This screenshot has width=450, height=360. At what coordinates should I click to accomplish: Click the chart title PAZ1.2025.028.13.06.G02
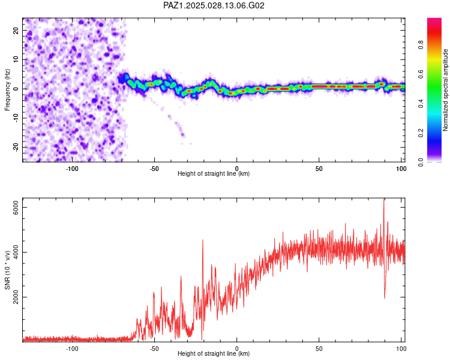point(214,5)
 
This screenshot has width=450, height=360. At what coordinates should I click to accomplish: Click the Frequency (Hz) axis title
point(7,90)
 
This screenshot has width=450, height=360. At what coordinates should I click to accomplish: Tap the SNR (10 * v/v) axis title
point(7,271)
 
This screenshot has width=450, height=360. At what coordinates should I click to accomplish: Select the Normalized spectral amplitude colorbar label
point(445,90)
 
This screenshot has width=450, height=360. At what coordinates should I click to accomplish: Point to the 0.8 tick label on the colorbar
point(421,45)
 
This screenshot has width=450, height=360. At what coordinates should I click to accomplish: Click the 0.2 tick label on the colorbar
point(421,133)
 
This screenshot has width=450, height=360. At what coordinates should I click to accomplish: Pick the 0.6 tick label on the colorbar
point(421,74)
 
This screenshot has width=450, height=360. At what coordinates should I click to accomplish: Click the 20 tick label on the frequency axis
point(16,31)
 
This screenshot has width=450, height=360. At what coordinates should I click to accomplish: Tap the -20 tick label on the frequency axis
point(16,147)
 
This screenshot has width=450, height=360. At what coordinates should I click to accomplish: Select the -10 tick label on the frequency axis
point(16,118)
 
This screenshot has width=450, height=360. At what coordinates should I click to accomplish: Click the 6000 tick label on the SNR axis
point(16,207)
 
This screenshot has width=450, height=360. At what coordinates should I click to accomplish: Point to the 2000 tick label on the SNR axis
point(16,297)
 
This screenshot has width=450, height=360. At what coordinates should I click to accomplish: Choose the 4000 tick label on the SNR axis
point(16,253)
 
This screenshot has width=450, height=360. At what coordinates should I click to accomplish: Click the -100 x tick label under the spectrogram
point(72,169)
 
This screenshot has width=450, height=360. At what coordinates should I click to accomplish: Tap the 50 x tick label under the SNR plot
point(319,349)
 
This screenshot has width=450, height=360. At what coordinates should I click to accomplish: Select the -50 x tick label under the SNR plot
point(154,349)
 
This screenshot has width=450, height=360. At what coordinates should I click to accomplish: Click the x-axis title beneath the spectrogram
point(214,173)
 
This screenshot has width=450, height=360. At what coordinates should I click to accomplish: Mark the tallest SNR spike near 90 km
point(384,199)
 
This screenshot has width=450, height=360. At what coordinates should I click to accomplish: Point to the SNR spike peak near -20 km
point(203,240)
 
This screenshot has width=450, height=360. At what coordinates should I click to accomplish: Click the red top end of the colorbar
point(434,19)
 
